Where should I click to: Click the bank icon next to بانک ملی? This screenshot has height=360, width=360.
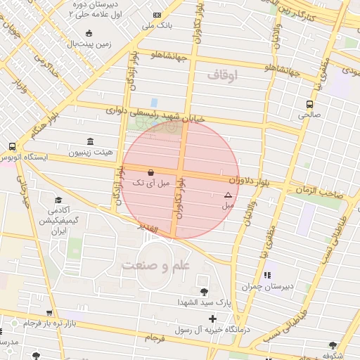156,15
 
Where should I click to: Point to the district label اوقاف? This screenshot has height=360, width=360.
224,74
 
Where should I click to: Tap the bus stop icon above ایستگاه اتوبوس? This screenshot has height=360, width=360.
12,146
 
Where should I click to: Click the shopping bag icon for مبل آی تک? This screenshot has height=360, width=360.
150,172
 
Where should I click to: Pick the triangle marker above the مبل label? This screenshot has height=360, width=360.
228,195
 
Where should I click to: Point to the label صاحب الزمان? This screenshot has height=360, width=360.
323,191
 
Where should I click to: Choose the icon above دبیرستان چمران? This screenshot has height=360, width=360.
266,275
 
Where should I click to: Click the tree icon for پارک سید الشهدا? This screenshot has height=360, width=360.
204,292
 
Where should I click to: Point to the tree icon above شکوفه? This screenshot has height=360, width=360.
333,345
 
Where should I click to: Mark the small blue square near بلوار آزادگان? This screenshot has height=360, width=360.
154,103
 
